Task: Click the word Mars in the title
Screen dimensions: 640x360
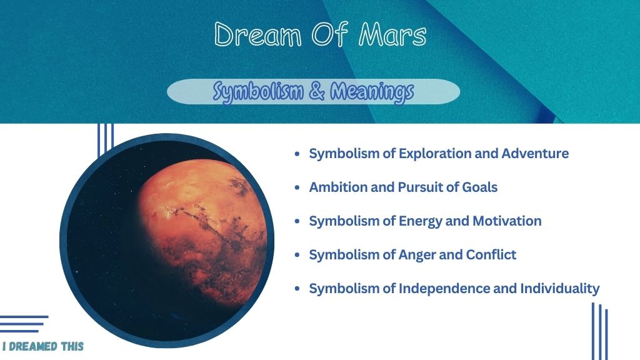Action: [392, 34]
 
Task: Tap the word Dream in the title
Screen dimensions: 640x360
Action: [258, 34]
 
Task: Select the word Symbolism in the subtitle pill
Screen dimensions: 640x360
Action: [258, 91]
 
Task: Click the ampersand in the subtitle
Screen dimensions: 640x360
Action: [317, 91]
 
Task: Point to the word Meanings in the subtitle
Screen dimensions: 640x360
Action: [372, 91]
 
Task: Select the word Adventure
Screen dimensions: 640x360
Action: [535, 154]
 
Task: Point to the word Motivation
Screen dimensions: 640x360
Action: [507, 221]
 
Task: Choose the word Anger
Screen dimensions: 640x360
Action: [417, 255]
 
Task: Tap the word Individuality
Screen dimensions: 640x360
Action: [560, 289]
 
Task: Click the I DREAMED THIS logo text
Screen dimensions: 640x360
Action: [43, 346]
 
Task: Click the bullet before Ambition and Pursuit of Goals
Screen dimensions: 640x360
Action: [297, 187]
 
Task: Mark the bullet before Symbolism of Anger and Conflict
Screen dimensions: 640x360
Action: [297, 255]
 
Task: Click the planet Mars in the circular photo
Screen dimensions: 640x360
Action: [201, 232]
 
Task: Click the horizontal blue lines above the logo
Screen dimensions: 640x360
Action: [23, 324]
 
